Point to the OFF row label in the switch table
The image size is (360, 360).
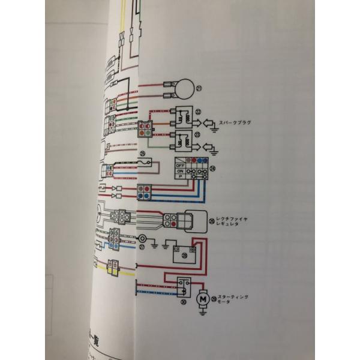[x=179, y=164]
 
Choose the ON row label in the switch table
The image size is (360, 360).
[x=179, y=170]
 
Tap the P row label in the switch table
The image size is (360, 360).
[x=179, y=177]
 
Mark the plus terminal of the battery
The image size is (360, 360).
[x=193, y=247]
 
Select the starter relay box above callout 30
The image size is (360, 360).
[x=183, y=287]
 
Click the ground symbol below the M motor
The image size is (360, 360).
[x=203, y=313]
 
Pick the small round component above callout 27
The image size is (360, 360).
[x=143, y=238]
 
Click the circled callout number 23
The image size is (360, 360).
[x=200, y=135]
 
